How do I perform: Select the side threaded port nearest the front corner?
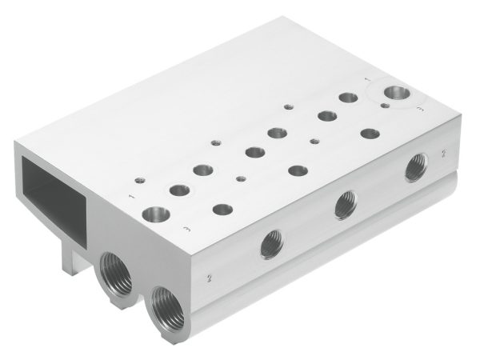pyautogui.click(x=270, y=243)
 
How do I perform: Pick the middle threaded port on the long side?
pyautogui.click(x=346, y=205)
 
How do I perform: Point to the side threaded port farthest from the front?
pyautogui.click(x=415, y=168)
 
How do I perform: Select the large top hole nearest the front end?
pyautogui.click(x=154, y=214)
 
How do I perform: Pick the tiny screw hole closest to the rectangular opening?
pyautogui.click(x=139, y=179)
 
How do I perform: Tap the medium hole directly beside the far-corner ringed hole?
pyautogui.click(x=348, y=98)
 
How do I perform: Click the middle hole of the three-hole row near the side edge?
pyautogui.click(x=298, y=170)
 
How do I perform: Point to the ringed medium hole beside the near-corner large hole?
pyautogui.click(x=179, y=191)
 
